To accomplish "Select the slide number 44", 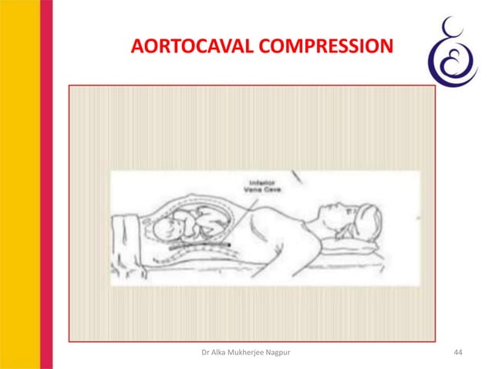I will coord(460,354).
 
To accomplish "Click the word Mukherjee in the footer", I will coord(248,354).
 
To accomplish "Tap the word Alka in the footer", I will coord(218,354).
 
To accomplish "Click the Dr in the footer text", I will coord(204,354).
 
